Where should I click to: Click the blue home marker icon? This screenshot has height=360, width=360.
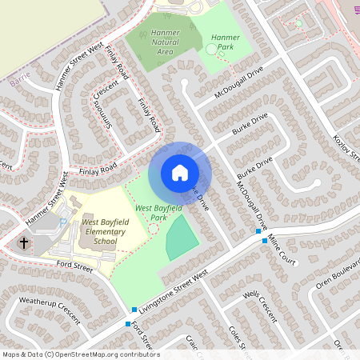180,173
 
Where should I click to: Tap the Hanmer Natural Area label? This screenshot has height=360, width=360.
164,42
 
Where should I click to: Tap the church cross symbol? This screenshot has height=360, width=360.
24,242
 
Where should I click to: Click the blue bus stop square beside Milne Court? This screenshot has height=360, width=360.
259,232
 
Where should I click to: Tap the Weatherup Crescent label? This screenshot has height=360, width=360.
50,310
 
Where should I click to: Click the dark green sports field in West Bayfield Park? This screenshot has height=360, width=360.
182,242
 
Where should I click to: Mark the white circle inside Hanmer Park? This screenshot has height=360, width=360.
212,50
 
